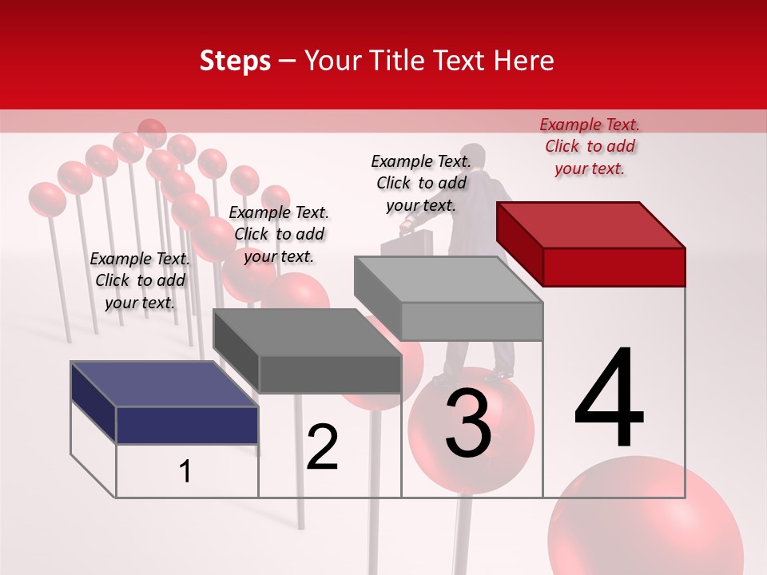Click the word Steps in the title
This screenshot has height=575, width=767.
point(235,61)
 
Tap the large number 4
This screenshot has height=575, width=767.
point(609,399)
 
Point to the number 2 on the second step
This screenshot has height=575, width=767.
point(322,447)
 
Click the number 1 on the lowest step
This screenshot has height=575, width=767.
point(185,471)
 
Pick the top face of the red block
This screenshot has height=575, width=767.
point(590,225)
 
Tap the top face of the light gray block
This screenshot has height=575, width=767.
point(447,280)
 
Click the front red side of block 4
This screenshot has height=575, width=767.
point(614,267)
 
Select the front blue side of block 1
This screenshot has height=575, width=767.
point(187,425)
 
